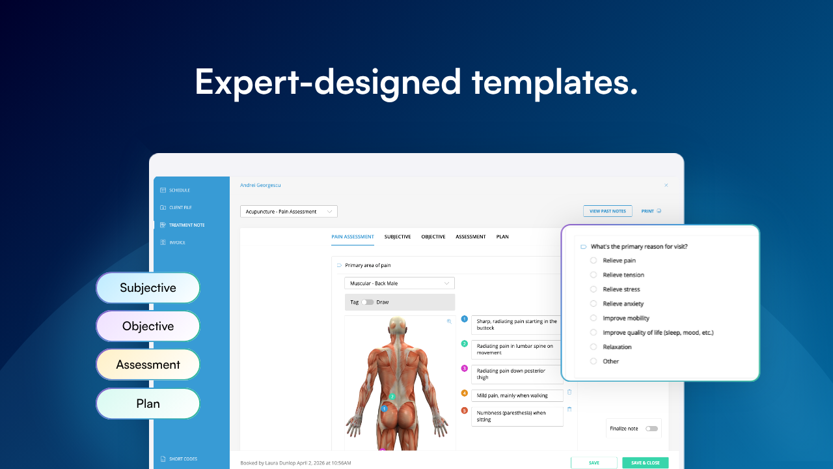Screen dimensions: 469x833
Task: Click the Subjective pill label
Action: [x=148, y=288]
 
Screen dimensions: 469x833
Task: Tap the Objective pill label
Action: [x=148, y=326]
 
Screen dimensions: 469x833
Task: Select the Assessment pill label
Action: [x=148, y=365]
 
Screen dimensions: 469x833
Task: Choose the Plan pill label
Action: [x=148, y=404]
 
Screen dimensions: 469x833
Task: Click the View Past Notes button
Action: [x=607, y=211]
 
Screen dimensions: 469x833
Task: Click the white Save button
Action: [x=594, y=462]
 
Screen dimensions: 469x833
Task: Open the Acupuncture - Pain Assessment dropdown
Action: [x=288, y=212]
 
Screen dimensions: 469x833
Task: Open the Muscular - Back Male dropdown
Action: [x=399, y=283]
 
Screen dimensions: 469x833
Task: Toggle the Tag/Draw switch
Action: [x=368, y=302]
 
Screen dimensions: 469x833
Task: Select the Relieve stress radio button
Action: [x=593, y=289]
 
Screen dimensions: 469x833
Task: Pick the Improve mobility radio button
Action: [x=593, y=318]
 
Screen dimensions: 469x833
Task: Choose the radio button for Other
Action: [x=593, y=361]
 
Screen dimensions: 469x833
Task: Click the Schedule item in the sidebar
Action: [x=179, y=190]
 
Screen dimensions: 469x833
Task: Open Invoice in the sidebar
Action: [x=177, y=242]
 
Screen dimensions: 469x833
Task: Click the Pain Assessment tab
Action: [x=352, y=236]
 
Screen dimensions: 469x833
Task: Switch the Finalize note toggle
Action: [x=651, y=429]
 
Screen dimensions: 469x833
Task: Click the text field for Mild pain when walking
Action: [x=517, y=395]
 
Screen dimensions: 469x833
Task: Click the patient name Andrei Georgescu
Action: [x=260, y=185]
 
